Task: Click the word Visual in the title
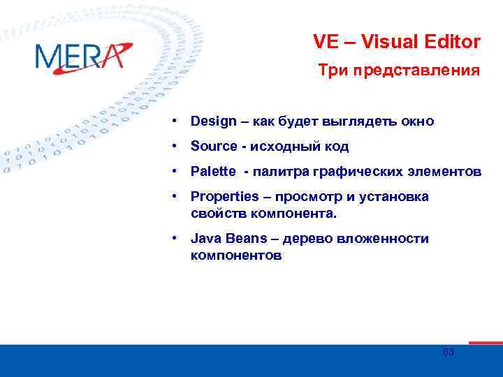398,42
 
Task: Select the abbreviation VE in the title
326,42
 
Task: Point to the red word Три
333,71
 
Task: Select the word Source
214,147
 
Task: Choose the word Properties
222,197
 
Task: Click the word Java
204,239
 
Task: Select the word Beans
245,239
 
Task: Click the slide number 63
449,353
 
